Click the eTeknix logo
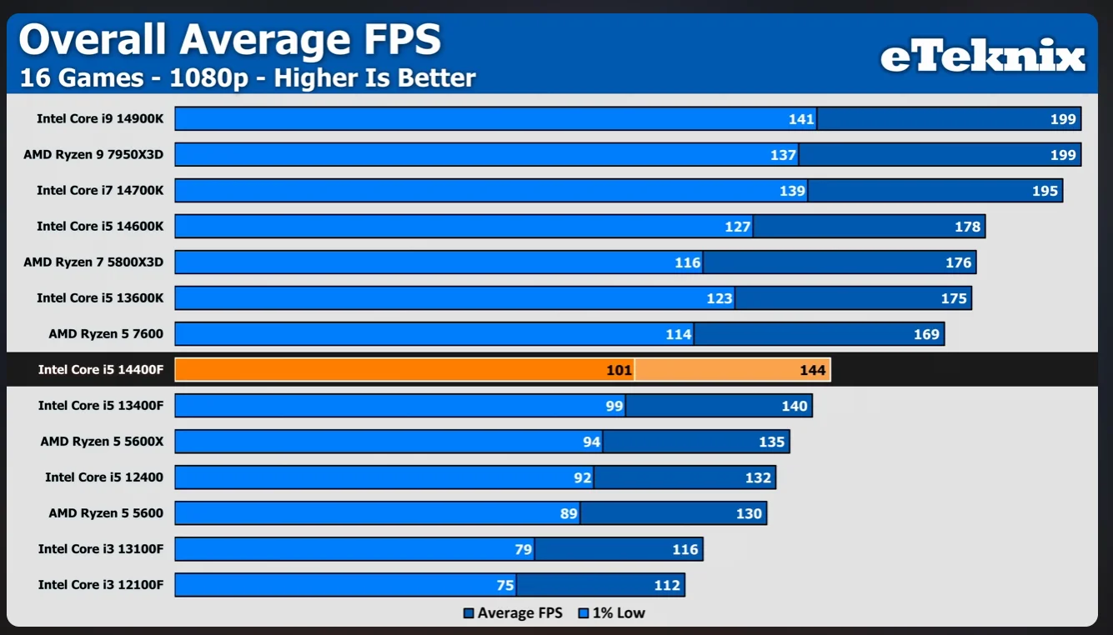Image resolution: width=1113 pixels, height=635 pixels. point(983,57)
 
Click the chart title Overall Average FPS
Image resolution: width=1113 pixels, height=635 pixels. point(229,39)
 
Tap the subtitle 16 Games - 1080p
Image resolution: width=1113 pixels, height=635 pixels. point(248,78)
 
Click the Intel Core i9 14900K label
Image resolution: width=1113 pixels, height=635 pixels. point(100,119)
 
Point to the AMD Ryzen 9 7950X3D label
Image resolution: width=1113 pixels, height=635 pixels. point(93,155)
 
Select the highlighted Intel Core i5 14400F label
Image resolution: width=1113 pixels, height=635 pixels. point(101,370)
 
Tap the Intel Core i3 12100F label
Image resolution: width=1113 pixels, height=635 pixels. point(101,585)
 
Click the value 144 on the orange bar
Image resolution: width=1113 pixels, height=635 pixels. point(812,370)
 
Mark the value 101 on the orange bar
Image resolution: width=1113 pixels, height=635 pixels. point(619,370)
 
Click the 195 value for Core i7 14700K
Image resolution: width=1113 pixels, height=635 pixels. point(1045,191)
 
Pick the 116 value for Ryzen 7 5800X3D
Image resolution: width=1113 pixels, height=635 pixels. point(688,262)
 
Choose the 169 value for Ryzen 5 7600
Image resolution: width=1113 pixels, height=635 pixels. point(926,334)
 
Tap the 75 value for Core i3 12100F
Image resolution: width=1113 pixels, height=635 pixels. point(505,585)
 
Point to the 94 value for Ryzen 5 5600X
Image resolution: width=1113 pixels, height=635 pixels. point(592,442)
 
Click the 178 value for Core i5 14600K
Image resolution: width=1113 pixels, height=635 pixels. point(967,227)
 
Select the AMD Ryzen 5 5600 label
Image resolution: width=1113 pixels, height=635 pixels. point(106,513)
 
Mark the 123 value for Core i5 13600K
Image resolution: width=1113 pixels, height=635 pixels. point(719,298)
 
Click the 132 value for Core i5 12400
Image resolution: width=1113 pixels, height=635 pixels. point(758,477)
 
